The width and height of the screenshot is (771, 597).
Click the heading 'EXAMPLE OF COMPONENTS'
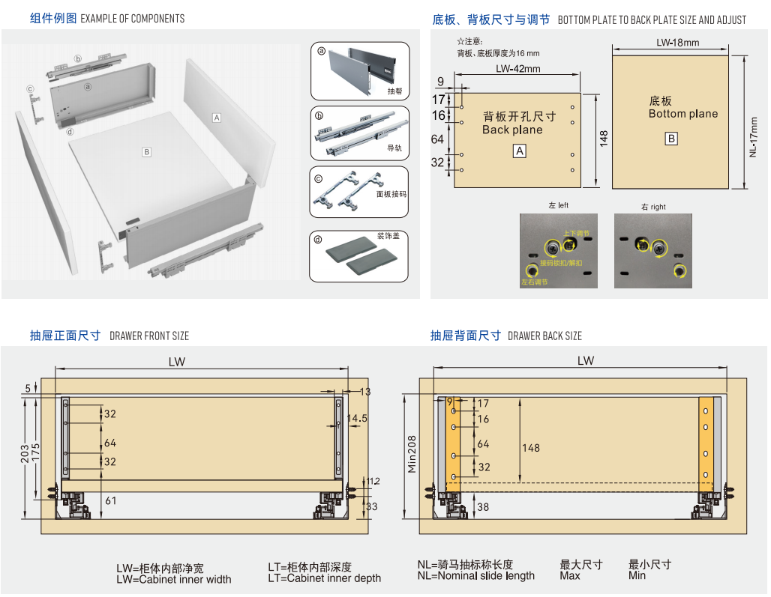(x=132, y=19)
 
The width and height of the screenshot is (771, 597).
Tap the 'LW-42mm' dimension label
(x=517, y=69)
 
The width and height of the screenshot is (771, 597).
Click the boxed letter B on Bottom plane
(x=671, y=139)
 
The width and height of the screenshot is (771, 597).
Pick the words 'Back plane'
(x=512, y=130)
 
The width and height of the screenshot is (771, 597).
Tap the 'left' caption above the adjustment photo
(x=559, y=205)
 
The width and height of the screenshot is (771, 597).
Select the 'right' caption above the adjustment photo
(x=653, y=207)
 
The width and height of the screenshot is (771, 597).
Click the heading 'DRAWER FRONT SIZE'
(x=149, y=336)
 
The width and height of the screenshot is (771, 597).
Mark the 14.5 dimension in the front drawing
(x=357, y=419)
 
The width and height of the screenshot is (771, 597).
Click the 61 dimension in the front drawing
(x=110, y=500)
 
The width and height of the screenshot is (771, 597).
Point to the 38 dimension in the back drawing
(x=483, y=507)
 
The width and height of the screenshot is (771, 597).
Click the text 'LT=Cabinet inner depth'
(x=325, y=578)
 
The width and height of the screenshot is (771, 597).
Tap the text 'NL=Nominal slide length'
(x=476, y=575)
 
